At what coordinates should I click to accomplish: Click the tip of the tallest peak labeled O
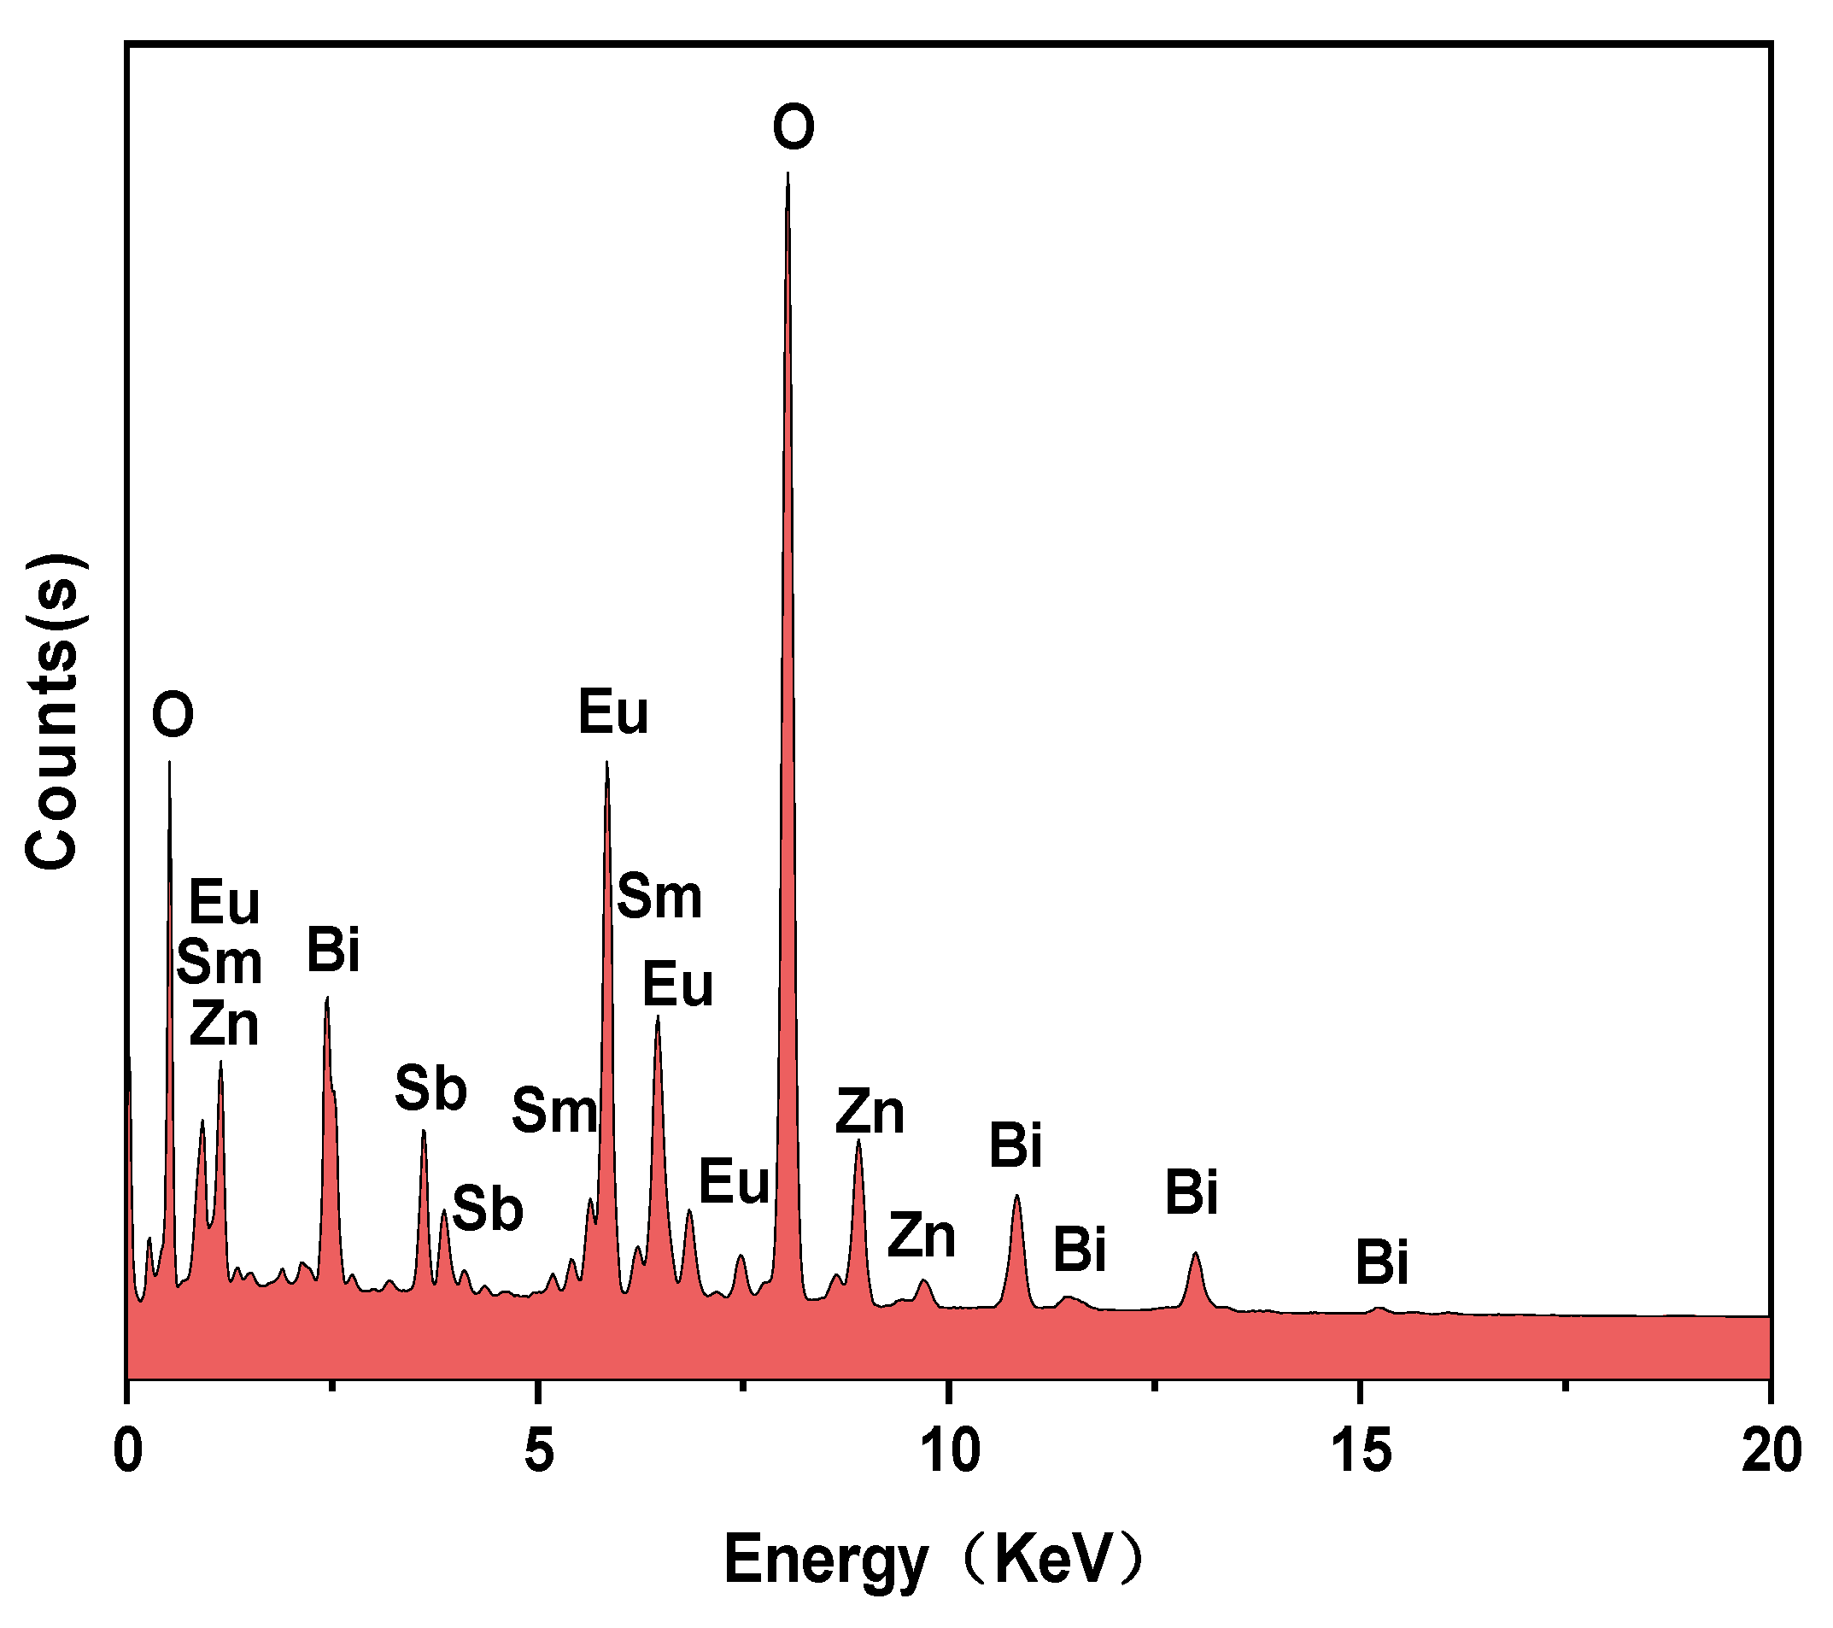(x=788, y=173)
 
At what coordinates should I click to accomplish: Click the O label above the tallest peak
(x=794, y=127)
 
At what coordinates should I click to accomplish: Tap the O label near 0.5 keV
(x=173, y=715)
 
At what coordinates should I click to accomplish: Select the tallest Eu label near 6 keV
(x=612, y=713)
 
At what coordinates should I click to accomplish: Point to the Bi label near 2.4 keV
(x=333, y=950)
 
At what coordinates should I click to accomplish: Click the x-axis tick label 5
(x=537, y=1451)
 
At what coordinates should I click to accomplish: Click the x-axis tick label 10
(x=949, y=1451)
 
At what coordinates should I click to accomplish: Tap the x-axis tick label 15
(x=1361, y=1451)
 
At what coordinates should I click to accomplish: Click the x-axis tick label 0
(x=128, y=1451)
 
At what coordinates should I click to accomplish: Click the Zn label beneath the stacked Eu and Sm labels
(x=223, y=1023)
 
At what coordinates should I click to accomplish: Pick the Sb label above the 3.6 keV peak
(x=430, y=1088)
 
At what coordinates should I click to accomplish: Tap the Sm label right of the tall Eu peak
(x=659, y=896)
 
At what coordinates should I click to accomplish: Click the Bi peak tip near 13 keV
(x=1194, y=1254)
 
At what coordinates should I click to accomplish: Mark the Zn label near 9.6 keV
(x=921, y=1235)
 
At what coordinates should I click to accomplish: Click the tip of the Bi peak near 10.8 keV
(x=1016, y=1196)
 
